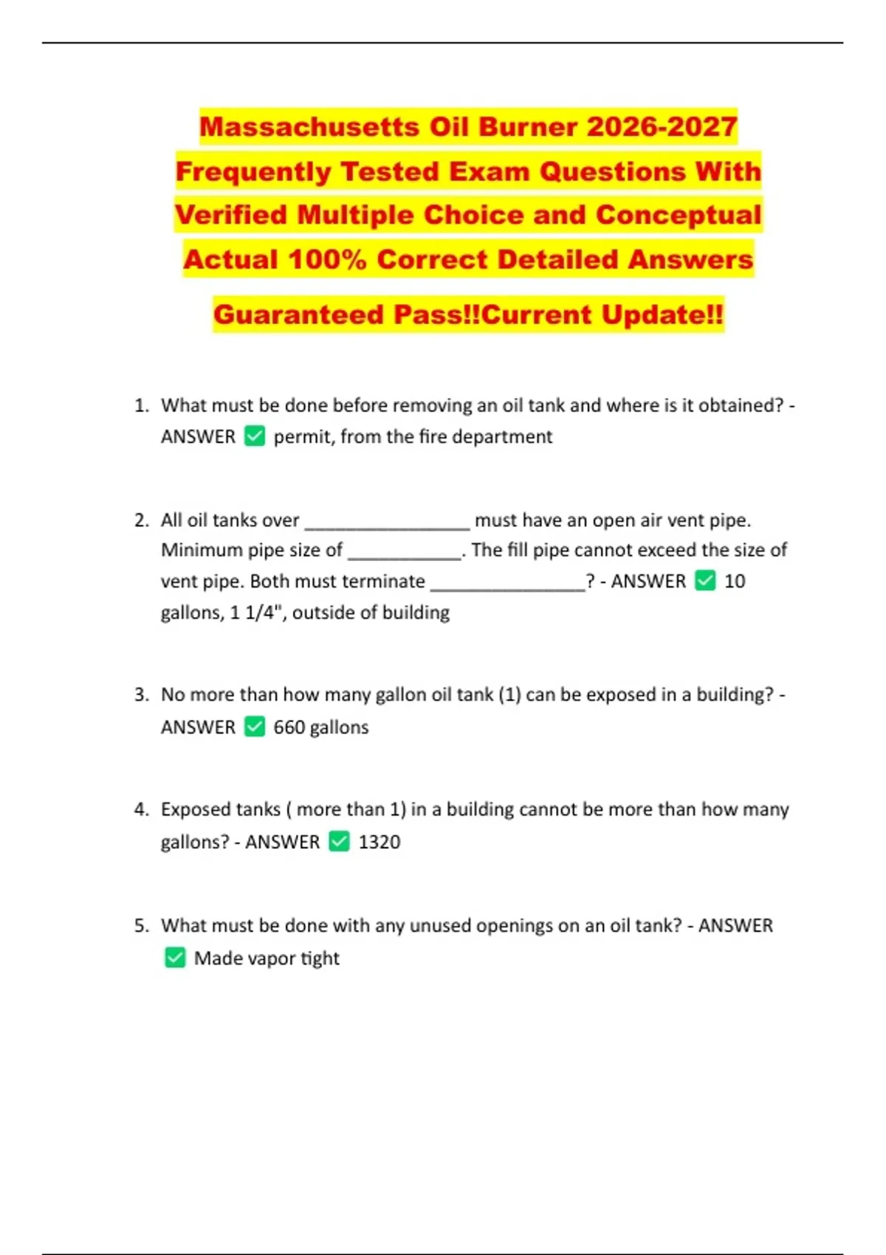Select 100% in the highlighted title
click(327, 260)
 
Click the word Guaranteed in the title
click(299, 314)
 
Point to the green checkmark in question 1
click(255, 436)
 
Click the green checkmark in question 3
click(255, 727)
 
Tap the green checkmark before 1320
click(339, 842)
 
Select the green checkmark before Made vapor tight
click(175, 958)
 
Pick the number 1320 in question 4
click(380, 842)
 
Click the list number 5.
click(141, 926)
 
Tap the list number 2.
click(141, 520)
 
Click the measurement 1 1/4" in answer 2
click(256, 613)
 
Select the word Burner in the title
click(524, 127)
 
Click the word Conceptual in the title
click(678, 216)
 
